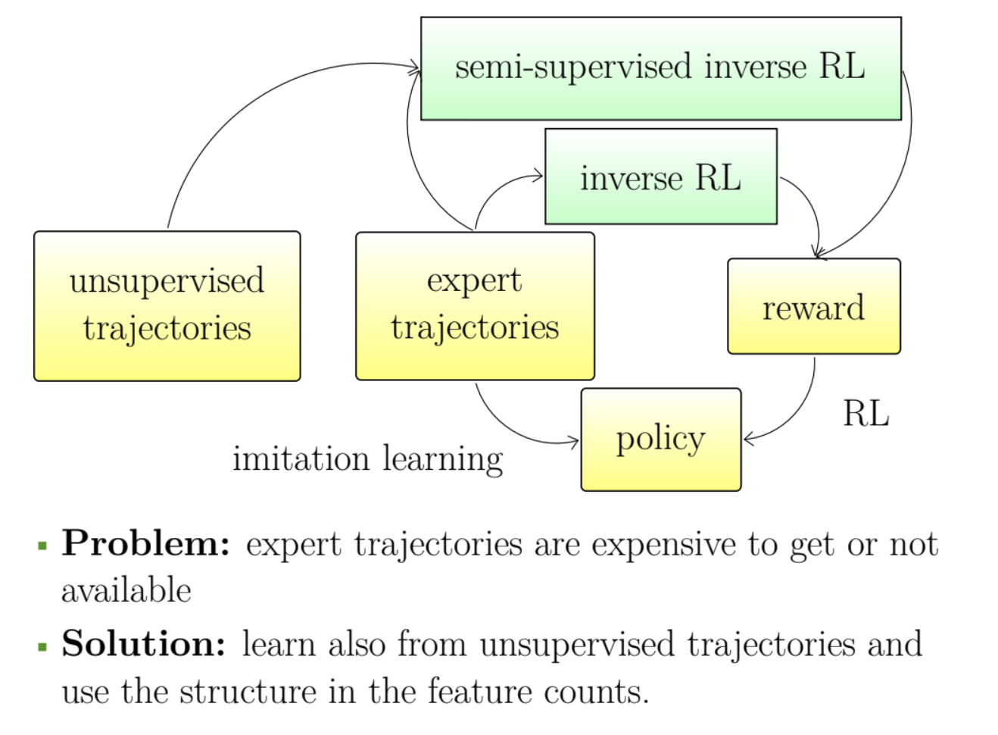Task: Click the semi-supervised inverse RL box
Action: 660,68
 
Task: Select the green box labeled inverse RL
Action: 660,177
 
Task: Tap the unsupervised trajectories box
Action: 167,305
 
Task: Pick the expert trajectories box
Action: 475,305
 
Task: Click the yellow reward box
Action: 813,306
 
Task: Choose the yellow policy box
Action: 660,439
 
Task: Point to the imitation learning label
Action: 367,459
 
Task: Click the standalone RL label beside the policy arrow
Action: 865,414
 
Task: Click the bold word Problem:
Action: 146,543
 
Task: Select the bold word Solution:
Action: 144,644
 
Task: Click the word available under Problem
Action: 126,591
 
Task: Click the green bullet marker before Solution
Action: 42,646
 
